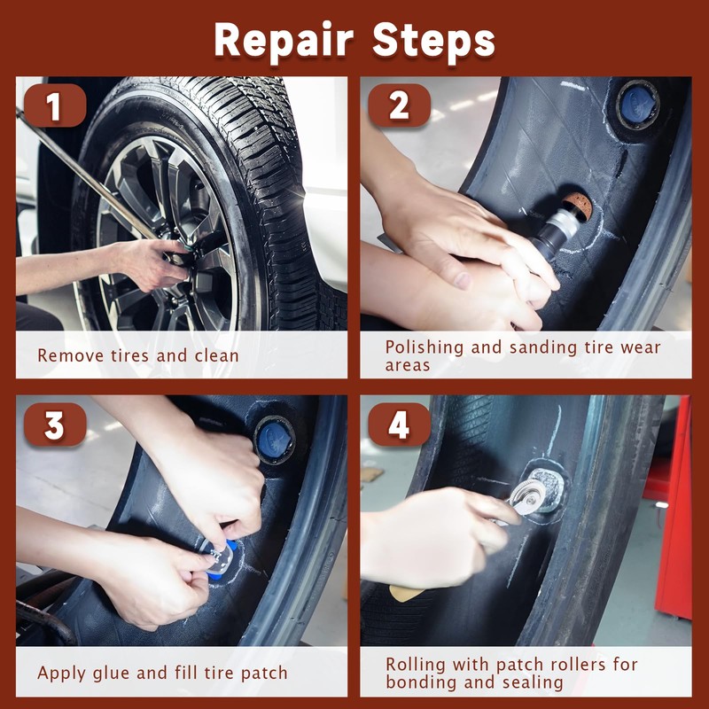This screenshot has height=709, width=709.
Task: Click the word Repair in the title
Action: click(x=284, y=42)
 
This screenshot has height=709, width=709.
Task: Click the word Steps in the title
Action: click(x=433, y=40)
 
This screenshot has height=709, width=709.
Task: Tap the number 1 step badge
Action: click(x=55, y=105)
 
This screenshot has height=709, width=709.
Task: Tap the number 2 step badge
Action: click(x=399, y=105)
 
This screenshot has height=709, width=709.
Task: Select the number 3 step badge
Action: click(x=55, y=425)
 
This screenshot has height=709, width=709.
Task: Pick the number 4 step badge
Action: click(x=399, y=425)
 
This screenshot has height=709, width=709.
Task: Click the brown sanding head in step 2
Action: click(x=577, y=206)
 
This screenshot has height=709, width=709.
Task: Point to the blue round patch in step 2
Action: click(x=637, y=105)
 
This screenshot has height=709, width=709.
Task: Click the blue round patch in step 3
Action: click(x=275, y=440)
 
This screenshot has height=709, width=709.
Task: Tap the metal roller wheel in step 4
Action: click(x=527, y=495)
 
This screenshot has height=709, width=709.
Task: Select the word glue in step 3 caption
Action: click(x=111, y=674)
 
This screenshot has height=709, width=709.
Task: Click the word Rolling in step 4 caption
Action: click(x=416, y=665)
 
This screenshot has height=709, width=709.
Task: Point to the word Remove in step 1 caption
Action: click(x=71, y=355)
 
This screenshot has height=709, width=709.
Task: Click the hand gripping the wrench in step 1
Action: click(x=151, y=264)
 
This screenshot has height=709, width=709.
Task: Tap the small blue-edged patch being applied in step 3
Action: click(x=220, y=558)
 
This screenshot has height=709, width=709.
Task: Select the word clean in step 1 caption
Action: click(x=216, y=355)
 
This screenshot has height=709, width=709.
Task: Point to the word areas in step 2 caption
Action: click(x=408, y=365)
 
